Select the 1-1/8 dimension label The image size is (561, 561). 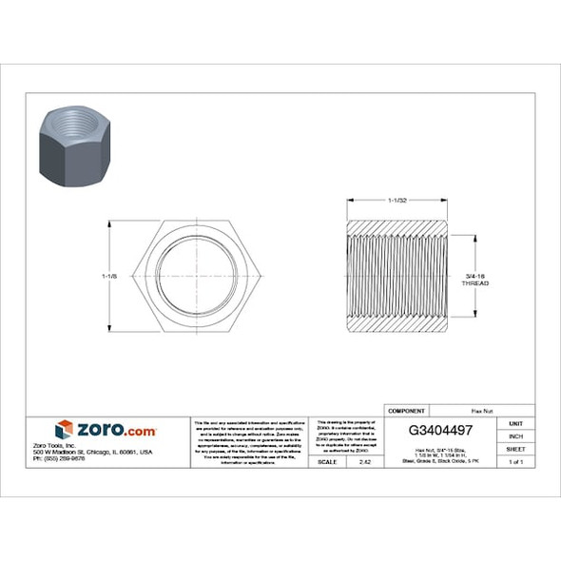[108, 276]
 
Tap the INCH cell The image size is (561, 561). [515, 435]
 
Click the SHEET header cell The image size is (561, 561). [515, 448]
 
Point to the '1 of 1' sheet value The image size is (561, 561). [515, 461]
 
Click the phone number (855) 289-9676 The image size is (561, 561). [85, 458]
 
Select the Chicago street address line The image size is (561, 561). [106, 452]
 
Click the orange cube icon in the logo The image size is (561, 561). [64, 430]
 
